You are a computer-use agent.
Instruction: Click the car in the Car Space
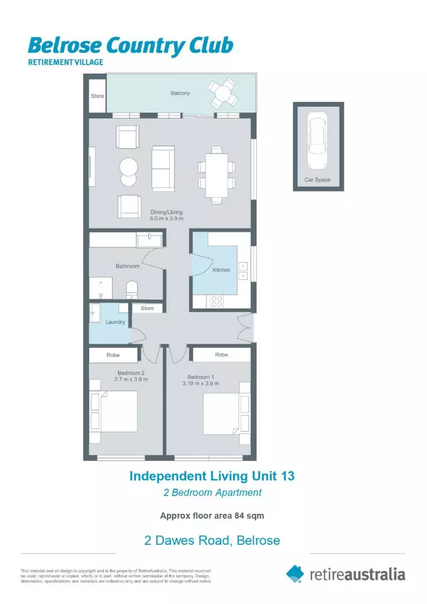pos(318,142)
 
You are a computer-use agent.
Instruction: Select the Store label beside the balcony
pos(97,96)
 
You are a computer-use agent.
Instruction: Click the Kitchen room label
pos(221,270)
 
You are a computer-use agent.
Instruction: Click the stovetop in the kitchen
pos(217,301)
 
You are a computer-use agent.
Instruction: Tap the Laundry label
pos(115,322)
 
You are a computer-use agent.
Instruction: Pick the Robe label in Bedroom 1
pos(221,355)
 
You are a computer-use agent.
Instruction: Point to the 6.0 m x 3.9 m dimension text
pos(166,219)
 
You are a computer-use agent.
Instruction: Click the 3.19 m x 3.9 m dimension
pos(200,384)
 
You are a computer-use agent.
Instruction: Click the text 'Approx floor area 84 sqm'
pos(212,516)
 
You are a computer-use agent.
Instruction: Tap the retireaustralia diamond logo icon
pos(295,573)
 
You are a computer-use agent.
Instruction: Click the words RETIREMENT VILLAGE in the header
pos(65,62)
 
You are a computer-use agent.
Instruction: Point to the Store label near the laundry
pos(147,308)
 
